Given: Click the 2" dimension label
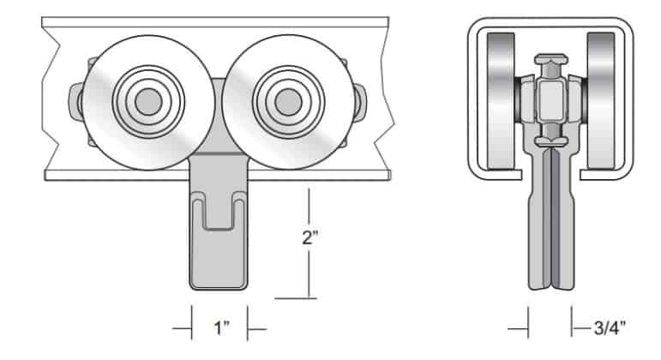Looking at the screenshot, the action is click(309, 237).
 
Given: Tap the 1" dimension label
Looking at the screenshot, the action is click(222, 328).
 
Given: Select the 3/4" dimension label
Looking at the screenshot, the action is click(610, 327).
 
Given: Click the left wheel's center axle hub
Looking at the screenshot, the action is click(148, 102).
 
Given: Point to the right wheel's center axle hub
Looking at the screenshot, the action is click(288, 102).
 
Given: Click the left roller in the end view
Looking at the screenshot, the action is click(501, 101).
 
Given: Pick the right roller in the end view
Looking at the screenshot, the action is click(601, 101).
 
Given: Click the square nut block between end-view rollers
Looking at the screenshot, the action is click(551, 101).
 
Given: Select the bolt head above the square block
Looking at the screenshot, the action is click(551, 59).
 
